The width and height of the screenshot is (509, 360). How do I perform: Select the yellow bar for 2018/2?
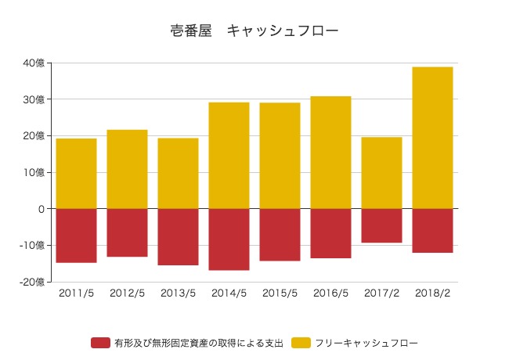point(432,138)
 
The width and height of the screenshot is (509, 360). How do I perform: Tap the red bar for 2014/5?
point(229,239)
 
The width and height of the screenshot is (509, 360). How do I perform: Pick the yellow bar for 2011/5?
point(76,174)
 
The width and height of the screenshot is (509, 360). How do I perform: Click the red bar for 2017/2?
point(381,225)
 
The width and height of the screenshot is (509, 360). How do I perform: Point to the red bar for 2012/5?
point(127,232)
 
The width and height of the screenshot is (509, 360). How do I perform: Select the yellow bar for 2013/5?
point(178,174)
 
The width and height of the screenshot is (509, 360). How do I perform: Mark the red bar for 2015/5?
point(280,235)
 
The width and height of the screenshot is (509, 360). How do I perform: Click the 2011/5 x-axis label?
point(76,293)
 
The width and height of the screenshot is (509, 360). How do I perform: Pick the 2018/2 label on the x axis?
point(432,293)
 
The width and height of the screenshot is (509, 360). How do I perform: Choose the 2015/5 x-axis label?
point(280,293)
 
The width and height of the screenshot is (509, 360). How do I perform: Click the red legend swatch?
point(100,343)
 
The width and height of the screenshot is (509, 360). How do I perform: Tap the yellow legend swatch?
point(301,343)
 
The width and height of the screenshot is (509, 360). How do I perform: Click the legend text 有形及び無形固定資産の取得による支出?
point(198,343)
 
